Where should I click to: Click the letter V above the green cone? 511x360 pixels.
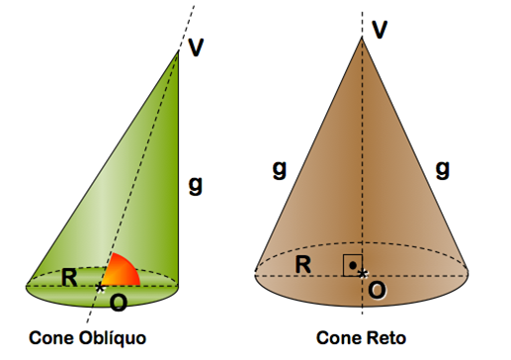click(x=196, y=47)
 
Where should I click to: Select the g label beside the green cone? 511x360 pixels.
click(x=196, y=183)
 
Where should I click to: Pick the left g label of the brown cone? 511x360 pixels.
click(x=280, y=169)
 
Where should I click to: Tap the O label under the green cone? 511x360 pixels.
click(x=118, y=301)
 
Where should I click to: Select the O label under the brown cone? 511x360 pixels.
click(x=377, y=291)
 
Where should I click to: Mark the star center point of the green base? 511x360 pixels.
click(x=100, y=287)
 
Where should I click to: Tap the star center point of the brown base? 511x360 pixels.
click(x=364, y=272)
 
